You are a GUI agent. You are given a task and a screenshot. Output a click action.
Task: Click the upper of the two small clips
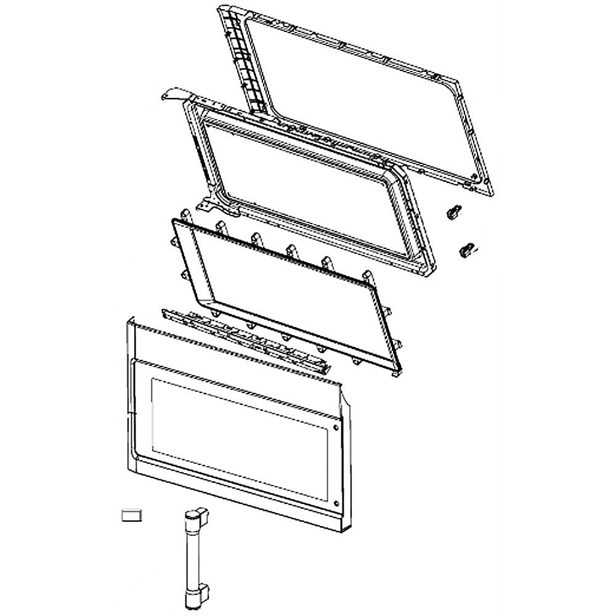[x=453, y=212]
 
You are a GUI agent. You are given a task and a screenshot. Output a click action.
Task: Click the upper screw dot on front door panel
[x=335, y=428]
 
